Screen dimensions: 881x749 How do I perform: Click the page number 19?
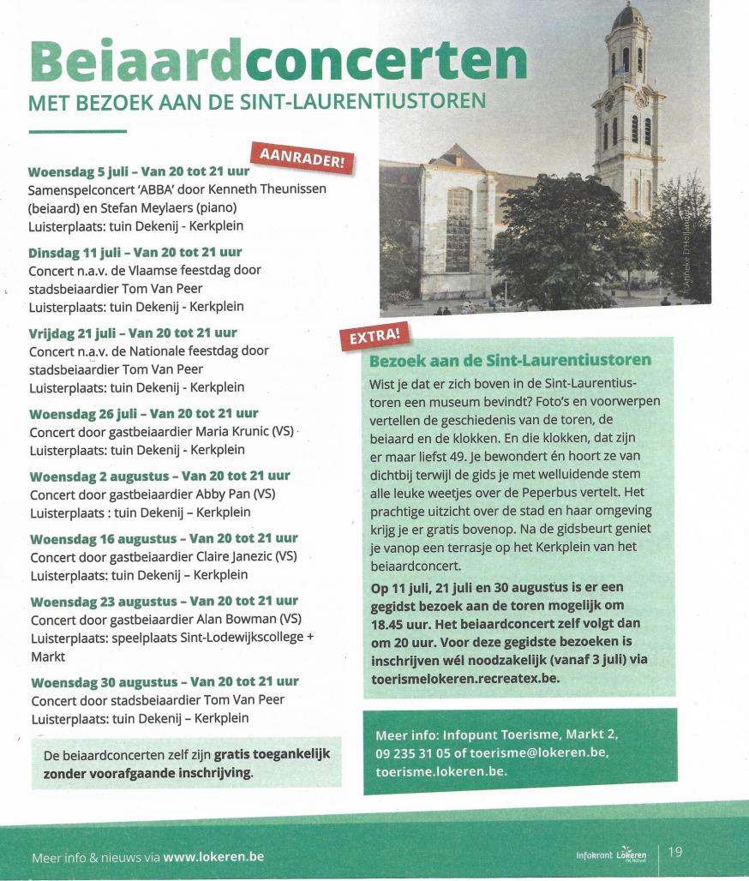pos(675,851)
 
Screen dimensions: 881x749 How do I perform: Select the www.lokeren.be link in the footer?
pos(213,856)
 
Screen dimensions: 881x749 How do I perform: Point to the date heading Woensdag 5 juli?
pos(78,171)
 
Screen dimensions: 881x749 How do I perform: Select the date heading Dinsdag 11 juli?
pos(74,252)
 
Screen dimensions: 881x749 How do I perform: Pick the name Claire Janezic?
pos(234,556)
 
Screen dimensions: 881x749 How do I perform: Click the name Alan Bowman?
pos(231,619)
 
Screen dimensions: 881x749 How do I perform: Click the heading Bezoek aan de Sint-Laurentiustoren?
pos(510,360)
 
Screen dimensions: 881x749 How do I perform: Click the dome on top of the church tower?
pos(628,16)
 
